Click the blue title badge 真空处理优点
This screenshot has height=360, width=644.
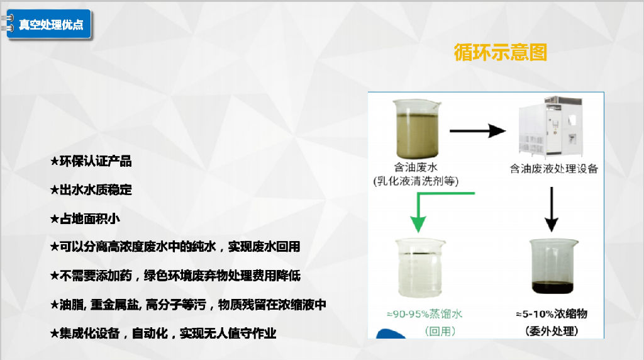(x=49, y=25)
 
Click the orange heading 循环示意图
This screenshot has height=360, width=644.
(x=500, y=53)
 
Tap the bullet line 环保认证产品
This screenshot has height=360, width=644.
(x=91, y=161)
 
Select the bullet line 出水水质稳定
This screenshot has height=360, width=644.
(x=91, y=190)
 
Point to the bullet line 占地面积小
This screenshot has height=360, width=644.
(x=85, y=218)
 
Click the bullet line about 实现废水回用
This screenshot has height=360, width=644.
(x=175, y=247)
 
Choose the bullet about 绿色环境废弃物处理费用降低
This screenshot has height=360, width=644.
(x=175, y=275)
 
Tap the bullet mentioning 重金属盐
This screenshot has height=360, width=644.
(x=188, y=305)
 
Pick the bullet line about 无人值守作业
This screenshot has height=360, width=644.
(x=163, y=333)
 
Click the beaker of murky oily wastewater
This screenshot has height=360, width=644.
(x=416, y=128)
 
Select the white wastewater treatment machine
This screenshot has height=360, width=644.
(x=550, y=127)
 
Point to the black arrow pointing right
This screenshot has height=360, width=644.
(x=478, y=131)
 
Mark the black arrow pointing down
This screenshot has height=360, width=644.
(x=551, y=209)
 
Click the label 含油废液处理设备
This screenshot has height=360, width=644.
(x=553, y=169)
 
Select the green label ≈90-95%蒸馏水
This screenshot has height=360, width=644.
(x=425, y=315)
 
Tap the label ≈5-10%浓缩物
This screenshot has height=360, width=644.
(x=552, y=315)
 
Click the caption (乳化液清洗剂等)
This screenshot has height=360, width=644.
(x=416, y=181)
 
